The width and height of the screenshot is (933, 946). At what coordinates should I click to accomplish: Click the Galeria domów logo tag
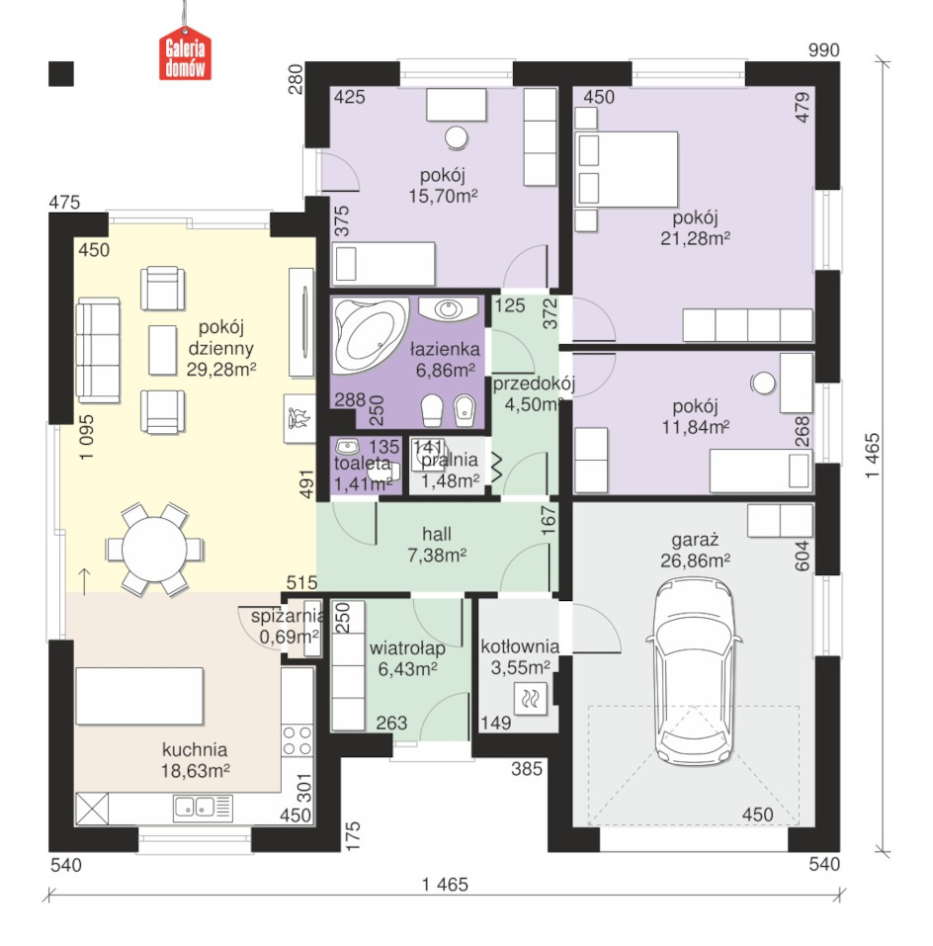coord(185,54)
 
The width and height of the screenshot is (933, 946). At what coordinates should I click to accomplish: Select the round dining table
coord(154,549)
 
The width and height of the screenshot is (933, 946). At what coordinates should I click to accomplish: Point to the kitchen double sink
coord(204,808)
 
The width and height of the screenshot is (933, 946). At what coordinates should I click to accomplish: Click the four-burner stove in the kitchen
coord(297,740)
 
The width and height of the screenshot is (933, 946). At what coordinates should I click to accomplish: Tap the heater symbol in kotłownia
coord(530,699)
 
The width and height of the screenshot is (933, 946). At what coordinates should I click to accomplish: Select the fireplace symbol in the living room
coord(299,419)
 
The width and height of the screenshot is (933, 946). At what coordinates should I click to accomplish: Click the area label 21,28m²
coord(695,238)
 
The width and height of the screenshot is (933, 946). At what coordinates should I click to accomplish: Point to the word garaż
coord(695,540)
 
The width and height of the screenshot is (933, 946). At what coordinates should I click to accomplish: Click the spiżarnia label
coord(288,616)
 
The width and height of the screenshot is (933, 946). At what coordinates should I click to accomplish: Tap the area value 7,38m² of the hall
coord(437,556)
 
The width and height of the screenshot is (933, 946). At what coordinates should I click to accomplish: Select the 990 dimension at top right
coord(824,50)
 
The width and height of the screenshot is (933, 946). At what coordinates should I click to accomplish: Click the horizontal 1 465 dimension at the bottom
coord(445,885)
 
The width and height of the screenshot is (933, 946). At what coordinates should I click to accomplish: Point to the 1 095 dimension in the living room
coord(86,437)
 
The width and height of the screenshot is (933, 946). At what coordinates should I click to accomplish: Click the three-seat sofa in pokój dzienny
coord(98,351)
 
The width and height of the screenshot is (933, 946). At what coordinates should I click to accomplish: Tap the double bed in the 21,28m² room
coord(626,170)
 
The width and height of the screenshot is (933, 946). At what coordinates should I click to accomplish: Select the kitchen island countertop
coord(139,696)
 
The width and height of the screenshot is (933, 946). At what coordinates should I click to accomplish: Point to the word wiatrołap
coord(407,647)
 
